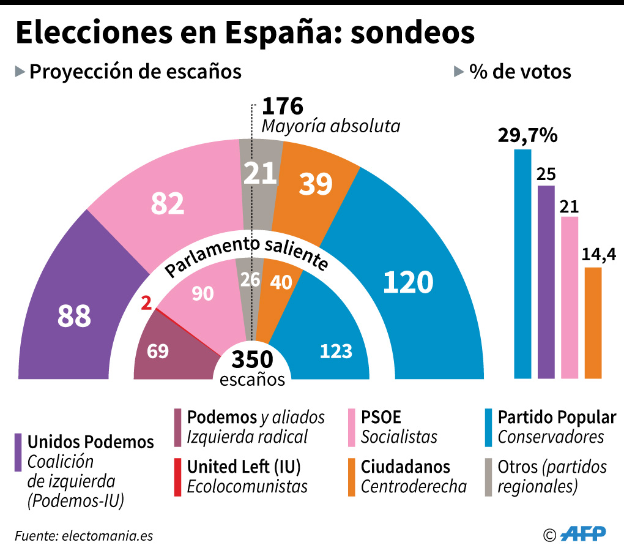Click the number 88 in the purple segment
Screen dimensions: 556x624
point(74,316)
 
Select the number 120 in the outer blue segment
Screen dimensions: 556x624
point(408,282)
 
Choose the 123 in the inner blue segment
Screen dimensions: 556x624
point(336,351)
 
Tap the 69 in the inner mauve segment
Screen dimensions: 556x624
point(157,351)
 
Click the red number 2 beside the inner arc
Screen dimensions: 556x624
point(146,302)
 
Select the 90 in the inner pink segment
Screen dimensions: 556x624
point(202,295)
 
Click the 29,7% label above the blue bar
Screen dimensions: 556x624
point(527,135)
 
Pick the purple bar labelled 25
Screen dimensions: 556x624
point(546,282)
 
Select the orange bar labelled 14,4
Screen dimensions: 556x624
point(593,323)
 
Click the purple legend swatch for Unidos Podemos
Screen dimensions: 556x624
point(18,453)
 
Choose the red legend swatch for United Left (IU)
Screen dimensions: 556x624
point(177,476)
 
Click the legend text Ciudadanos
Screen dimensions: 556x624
point(405,467)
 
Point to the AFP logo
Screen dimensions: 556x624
point(584,533)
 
